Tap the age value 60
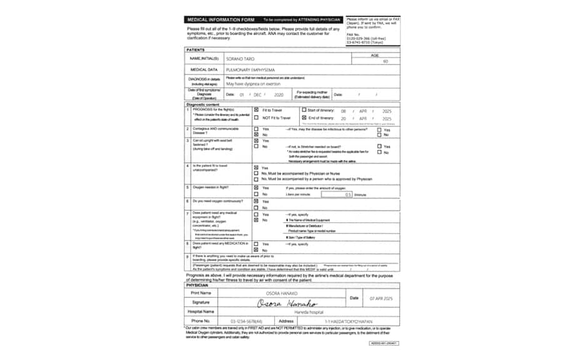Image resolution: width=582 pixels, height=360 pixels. click(385, 61)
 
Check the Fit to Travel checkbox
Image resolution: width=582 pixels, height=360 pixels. click(256, 110)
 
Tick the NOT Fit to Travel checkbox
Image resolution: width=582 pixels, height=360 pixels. click(256, 118)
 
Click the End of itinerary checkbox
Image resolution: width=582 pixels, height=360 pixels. click(304, 118)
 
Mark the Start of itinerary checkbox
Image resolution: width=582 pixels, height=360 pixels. click(304, 110)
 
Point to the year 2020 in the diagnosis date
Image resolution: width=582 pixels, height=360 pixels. click(278, 95)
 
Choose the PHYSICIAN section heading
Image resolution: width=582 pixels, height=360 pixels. click(201, 285)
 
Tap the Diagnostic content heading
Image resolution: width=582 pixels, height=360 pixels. click(205, 104)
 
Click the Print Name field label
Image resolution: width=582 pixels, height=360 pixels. click(201, 292)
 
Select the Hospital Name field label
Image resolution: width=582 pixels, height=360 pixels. click(201, 311)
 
